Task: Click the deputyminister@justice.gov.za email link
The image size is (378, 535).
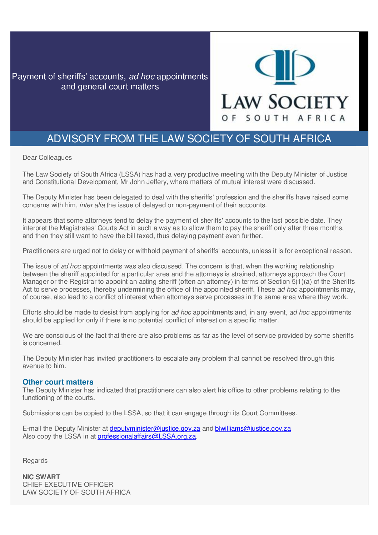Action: pos(155,429)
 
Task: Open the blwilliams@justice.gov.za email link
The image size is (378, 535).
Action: pos(253,429)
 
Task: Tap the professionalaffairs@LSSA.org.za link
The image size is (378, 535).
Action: pos(146,436)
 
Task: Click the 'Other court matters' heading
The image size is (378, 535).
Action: pos(58,382)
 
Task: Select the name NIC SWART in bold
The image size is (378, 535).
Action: pos(41,477)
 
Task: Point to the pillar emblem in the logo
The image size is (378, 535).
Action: pos(285,67)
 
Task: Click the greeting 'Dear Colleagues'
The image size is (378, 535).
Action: pos(47,158)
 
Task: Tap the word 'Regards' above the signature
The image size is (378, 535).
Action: pos(35,461)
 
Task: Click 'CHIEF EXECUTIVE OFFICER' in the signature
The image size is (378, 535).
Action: pos(68,485)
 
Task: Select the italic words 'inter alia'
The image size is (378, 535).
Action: pos(92,205)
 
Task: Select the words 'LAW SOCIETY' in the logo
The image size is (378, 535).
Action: pos(284,102)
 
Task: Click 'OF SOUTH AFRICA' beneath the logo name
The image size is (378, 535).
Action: pos(284,118)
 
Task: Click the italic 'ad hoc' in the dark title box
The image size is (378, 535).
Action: pos(141,76)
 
